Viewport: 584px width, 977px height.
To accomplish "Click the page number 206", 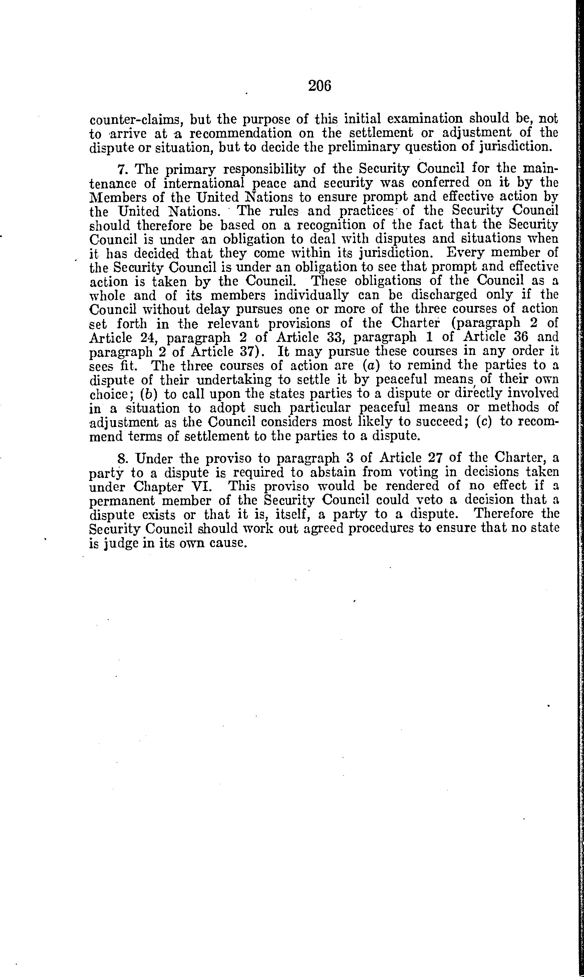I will pos(320,86).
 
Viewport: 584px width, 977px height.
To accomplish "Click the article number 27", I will pos(434,458).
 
